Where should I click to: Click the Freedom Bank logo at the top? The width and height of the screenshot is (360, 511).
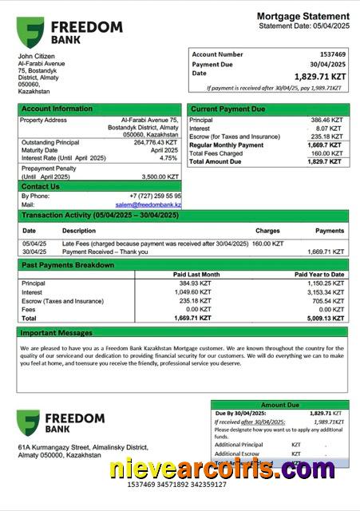point(69,33)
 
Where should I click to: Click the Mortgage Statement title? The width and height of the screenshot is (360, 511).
point(303,17)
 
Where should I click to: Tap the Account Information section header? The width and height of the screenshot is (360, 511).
point(57,109)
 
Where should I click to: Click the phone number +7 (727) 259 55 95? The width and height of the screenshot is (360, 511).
point(155,196)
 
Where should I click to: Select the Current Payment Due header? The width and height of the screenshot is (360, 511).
point(228,109)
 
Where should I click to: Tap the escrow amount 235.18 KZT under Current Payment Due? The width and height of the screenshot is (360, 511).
point(326,137)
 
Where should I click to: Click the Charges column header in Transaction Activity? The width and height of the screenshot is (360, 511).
point(267,231)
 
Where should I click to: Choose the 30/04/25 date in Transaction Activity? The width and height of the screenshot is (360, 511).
point(34,252)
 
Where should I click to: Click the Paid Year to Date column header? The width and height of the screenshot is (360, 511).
point(319,275)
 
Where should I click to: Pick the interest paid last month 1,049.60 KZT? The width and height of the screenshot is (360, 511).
point(193,291)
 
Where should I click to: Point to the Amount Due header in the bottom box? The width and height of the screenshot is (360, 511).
point(279,405)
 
